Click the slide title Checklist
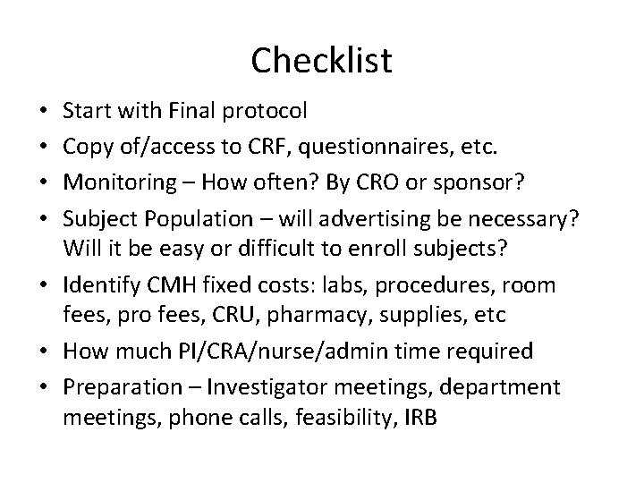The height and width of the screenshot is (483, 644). pos(321,60)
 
